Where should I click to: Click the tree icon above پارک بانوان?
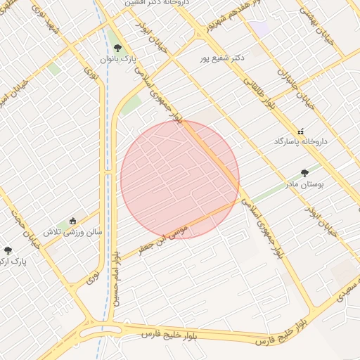click(x=117, y=49)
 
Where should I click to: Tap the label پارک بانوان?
click(x=117, y=60)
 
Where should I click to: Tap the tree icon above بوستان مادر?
click(x=304, y=172)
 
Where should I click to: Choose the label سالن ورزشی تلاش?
click(x=73, y=231)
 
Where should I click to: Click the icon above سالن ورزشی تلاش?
click(x=73, y=221)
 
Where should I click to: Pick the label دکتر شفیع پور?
click(x=221, y=58)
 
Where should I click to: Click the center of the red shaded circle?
click(x=180, y=179)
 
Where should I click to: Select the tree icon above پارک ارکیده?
click(x=8, y=250)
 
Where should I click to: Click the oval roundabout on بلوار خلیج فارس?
click(x=99, y=330)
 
